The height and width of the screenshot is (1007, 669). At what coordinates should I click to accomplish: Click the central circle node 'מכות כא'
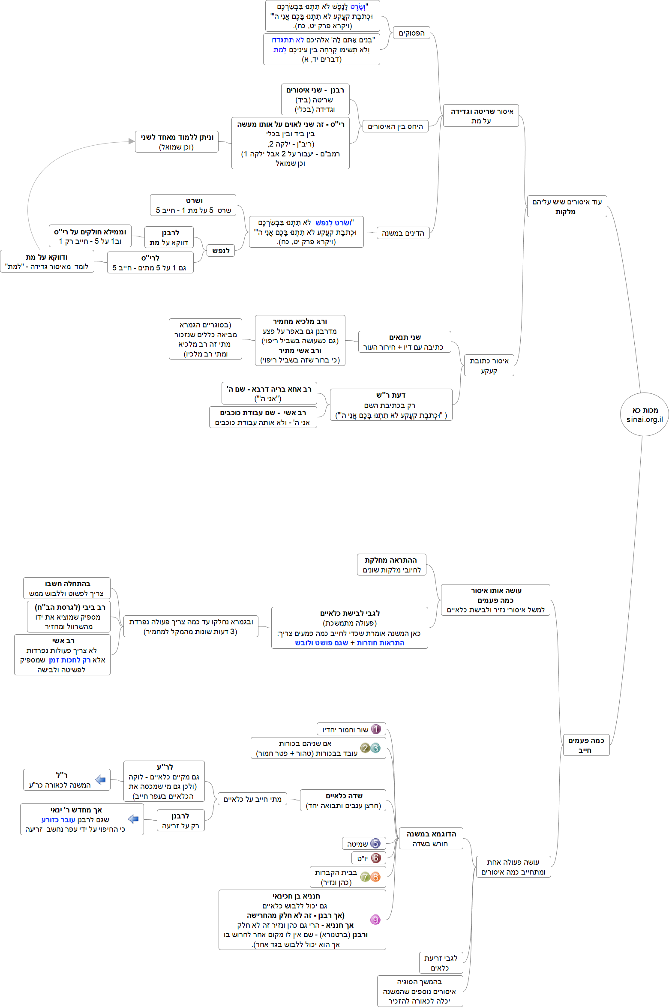point(644,414)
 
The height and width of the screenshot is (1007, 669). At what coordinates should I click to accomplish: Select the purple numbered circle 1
point(375,729)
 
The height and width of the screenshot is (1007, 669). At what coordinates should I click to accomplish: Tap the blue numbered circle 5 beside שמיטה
point(375,843)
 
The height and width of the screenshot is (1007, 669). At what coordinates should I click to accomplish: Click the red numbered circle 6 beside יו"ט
point(375,858)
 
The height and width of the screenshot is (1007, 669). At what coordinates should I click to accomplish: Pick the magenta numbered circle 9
point(375,920)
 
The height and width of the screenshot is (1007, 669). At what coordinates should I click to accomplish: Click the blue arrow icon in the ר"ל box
point(100,779)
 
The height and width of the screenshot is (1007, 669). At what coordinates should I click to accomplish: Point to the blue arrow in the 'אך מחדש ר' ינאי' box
point(133,819)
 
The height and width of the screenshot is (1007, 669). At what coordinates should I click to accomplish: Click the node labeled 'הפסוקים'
point(411,33)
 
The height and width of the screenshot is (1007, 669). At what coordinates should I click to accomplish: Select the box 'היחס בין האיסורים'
point(395,126)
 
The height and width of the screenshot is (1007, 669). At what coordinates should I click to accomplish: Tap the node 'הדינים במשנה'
point(403,233)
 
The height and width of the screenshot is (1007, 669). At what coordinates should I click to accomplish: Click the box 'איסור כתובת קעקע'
point(489,366)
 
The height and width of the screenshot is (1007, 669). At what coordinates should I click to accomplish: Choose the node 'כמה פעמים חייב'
point(586,745)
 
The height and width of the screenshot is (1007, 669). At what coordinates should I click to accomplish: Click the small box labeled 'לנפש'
point(221,251)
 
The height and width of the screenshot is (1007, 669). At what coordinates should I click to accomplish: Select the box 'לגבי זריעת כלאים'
point(441,963)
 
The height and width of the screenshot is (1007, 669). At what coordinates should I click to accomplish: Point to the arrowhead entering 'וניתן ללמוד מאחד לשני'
point(132,141)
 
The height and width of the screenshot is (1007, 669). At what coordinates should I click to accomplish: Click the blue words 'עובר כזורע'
point(58,820)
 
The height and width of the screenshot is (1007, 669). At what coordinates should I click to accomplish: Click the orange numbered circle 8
point(375,877)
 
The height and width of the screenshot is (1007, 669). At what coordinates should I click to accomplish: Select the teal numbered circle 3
point(375,748)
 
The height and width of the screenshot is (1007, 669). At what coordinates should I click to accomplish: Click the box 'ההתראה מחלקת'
point(391,565)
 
